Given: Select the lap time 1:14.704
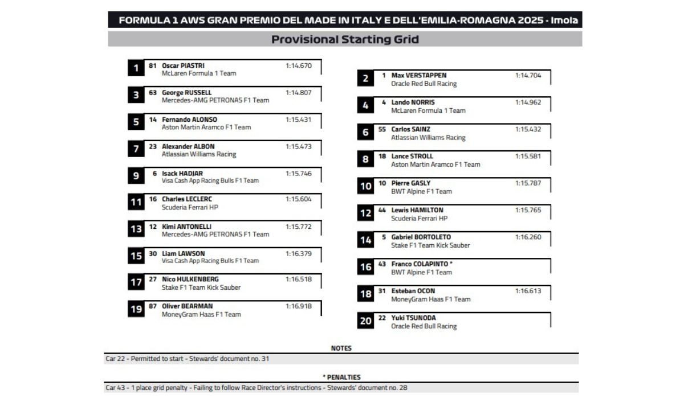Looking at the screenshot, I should click(x=528, y=75).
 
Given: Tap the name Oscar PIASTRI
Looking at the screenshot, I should click(x=183, y=65).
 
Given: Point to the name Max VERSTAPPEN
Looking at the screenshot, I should click(x=418, y=75).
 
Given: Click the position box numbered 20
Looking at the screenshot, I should click(x=365, y=321).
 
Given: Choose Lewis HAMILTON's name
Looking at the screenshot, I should click(x=417, y=210).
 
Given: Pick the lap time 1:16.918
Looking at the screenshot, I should click(x=298, y=306).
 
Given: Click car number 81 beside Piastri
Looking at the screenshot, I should click(x=152, y=65).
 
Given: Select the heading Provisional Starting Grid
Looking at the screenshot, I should click(x=345, y=39).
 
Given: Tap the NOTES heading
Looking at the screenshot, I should click(x=341, y=348).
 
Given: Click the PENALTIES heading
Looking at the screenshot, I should click(x=341, y=377).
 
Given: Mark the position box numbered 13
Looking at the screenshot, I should click(x=136, y=229).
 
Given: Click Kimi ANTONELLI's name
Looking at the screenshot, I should click(x=186, y=227).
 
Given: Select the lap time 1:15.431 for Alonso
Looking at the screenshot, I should click(x=298, y=120).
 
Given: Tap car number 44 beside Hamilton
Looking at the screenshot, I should click(x=382, y=210).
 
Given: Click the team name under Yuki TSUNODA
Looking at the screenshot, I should click(x=424, y=326).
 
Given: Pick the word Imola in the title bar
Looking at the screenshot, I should click(x=565, y=20).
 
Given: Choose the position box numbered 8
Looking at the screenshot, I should click(x=365, y=159).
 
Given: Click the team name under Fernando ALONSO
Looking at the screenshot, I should click(x=206, y=128).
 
